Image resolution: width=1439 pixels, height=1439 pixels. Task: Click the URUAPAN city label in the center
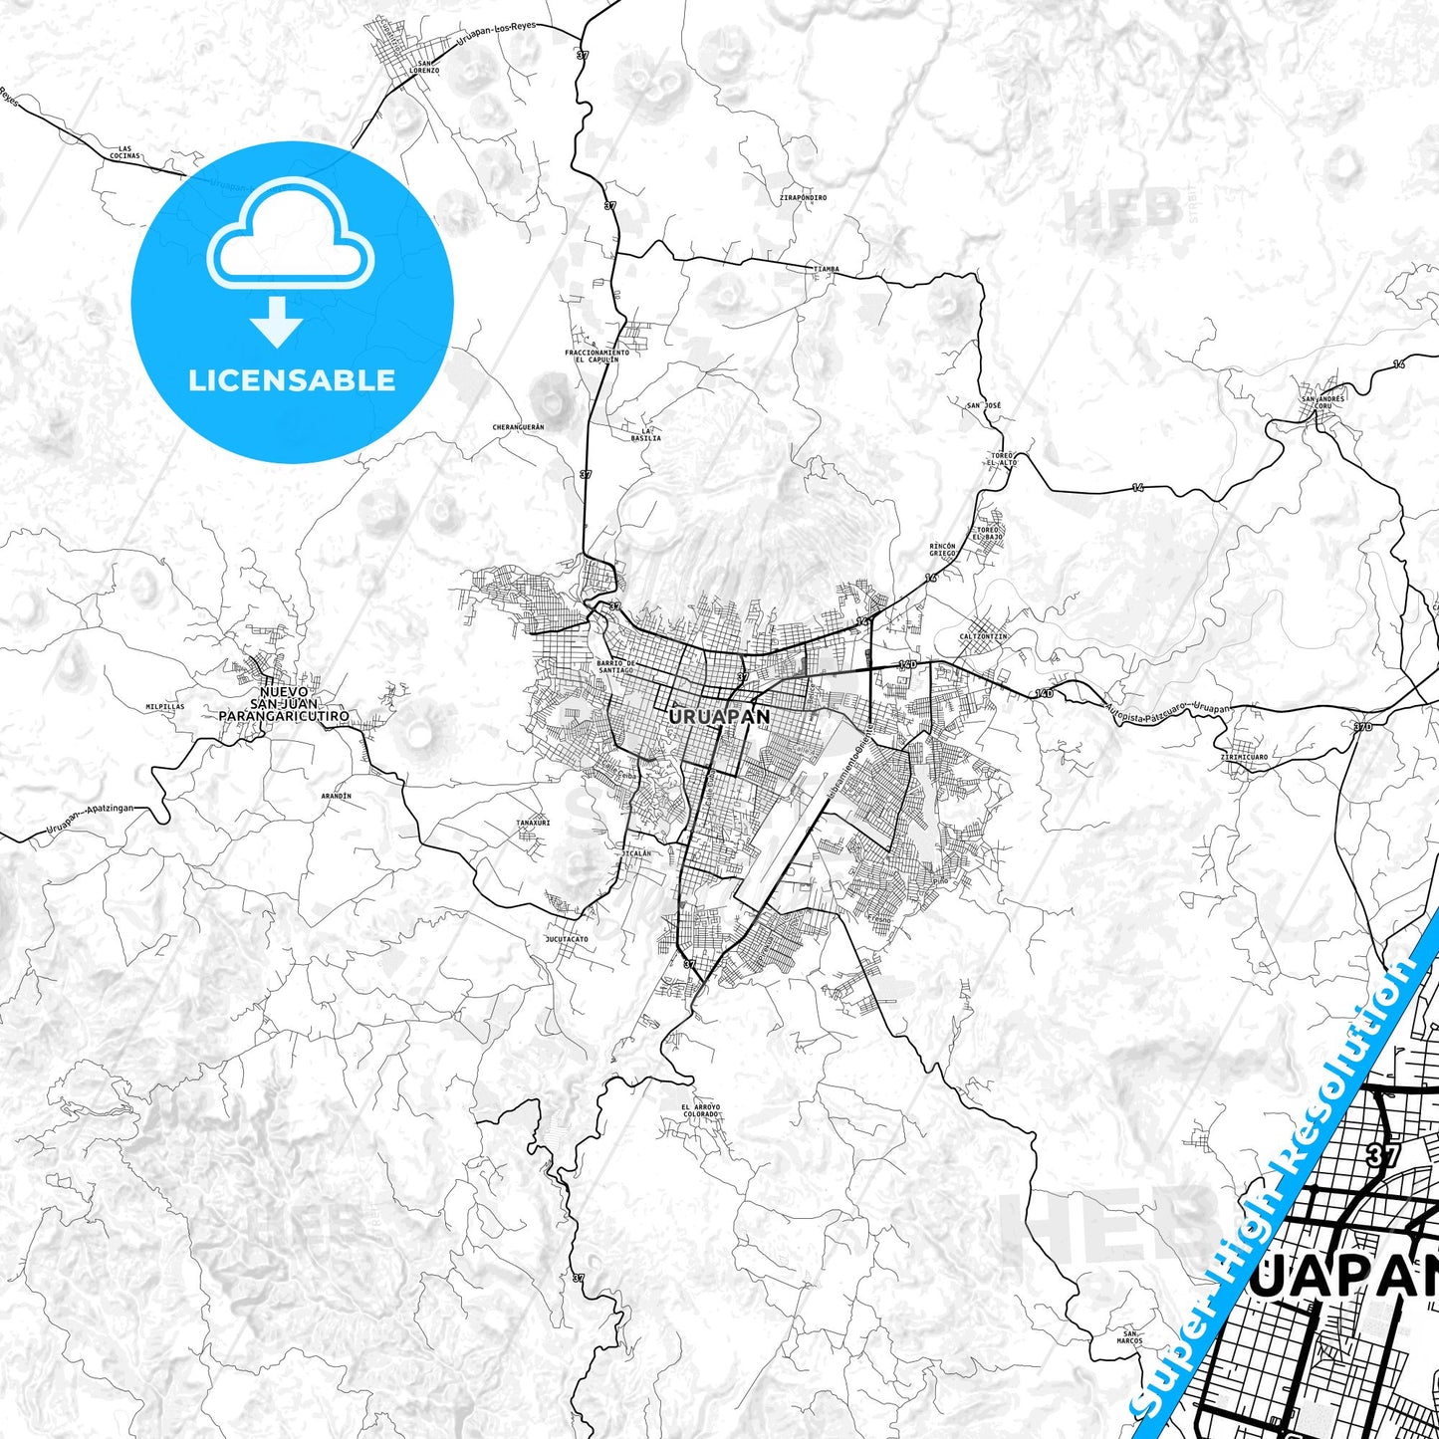click(x=719, y=716)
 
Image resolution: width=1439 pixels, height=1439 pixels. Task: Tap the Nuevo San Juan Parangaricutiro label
click(x=284, y=703)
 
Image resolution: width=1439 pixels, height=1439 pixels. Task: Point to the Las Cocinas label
click(x=124, y=153)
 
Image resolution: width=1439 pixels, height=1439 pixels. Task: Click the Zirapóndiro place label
click(x=804, y=198)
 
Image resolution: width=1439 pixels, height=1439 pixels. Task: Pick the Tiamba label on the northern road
click(x=826, y=269)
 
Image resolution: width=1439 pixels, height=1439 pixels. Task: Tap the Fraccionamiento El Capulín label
click(x=597, y=356)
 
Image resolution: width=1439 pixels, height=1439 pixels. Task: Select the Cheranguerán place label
click(x=518, y=427)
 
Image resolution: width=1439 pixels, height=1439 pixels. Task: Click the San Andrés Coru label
click(x=1322, y=402)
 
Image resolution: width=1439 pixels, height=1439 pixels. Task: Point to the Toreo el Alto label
click(x=1002, y=459)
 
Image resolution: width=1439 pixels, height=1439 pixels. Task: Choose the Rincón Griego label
click(x=942, y=550)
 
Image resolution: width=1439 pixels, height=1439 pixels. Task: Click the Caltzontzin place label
click(x=983, y=636)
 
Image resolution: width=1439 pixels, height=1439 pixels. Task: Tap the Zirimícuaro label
click(x=1244, y=757)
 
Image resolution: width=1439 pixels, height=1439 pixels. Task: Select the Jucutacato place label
click(x=567, y=939)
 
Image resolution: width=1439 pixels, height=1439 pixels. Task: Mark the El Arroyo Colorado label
click(x=700, y=1110)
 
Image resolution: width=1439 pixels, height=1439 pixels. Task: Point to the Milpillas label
click(x=165, y=706)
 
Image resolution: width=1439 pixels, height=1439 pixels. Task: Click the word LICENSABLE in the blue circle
click(x=292, y=380)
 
